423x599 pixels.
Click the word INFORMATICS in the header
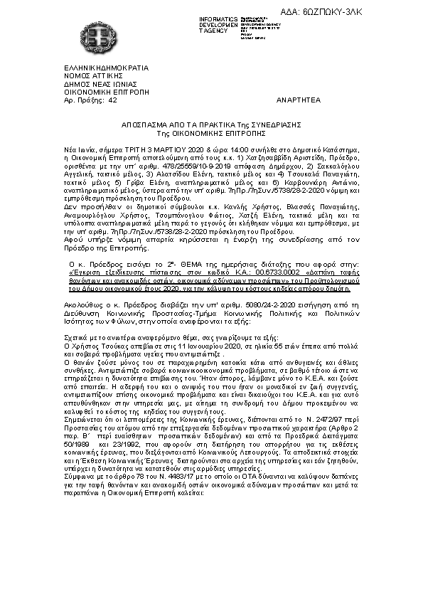pyautogui.click(x=220, y=18)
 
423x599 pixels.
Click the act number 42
pyautogui.click(x=113, y=101)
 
